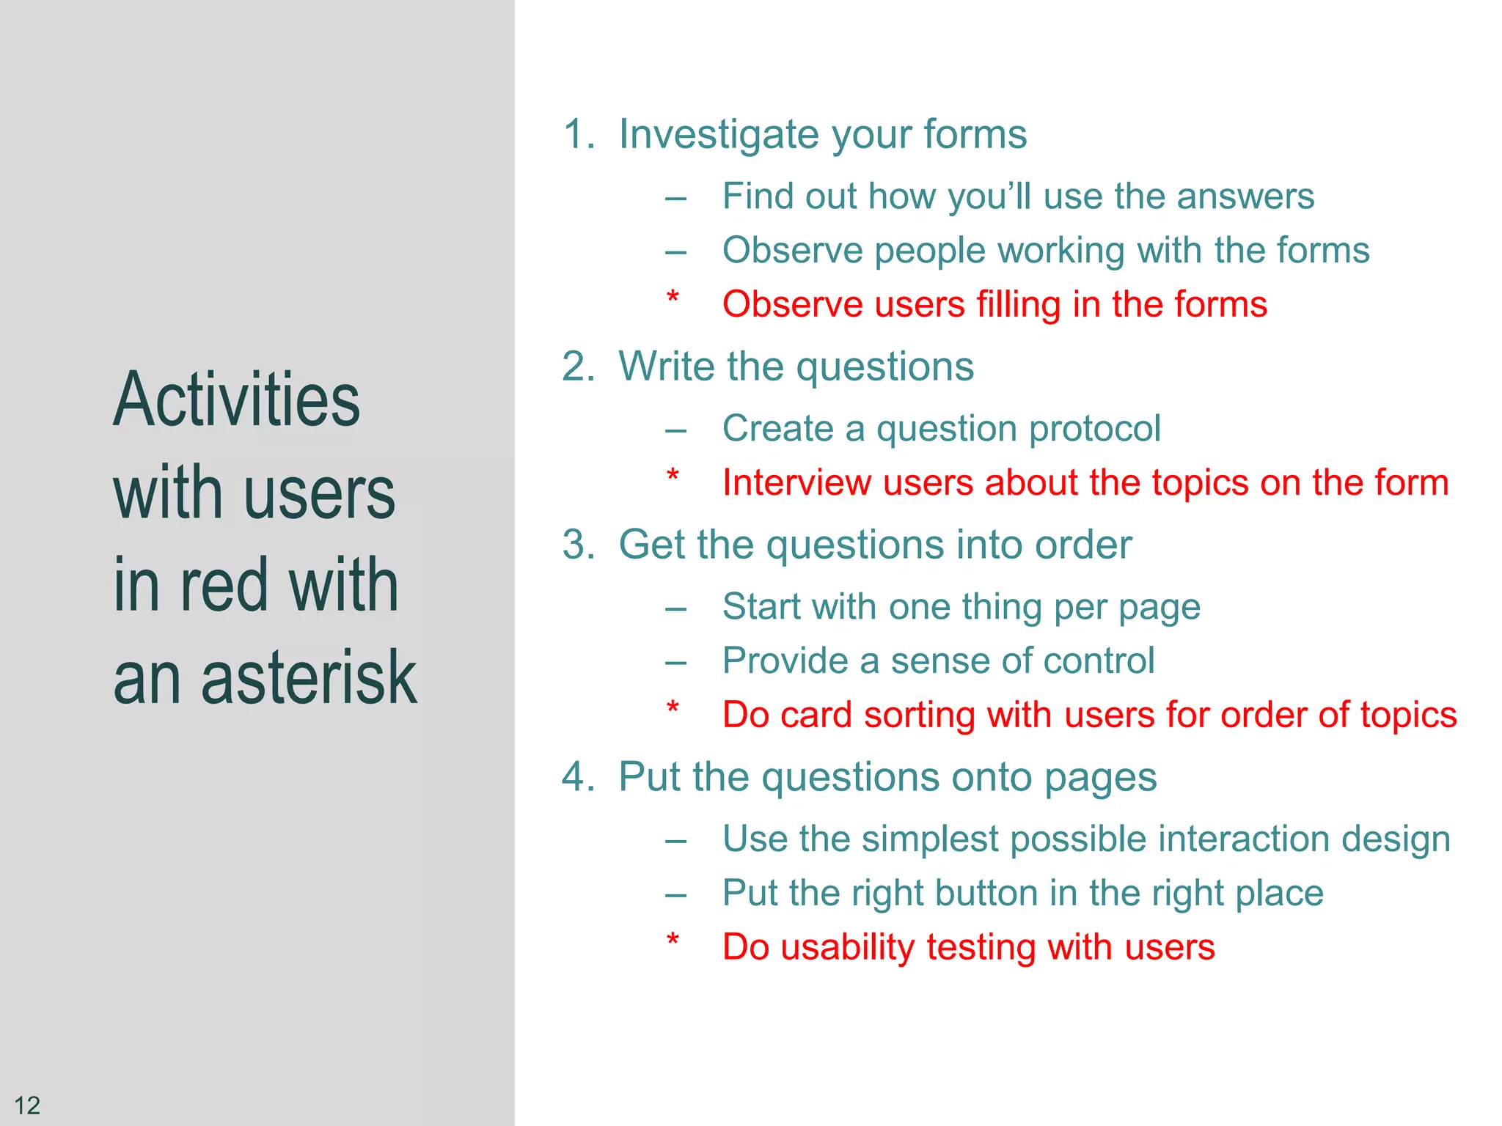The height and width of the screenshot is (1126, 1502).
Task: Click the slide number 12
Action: coord(27,1105)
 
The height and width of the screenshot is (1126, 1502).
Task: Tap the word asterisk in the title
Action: coord(309,678)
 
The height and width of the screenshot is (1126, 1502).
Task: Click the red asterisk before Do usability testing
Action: coord(673,941)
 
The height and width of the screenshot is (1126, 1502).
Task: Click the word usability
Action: coord(847,947)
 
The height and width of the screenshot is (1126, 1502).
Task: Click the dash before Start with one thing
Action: coord(675,608)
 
